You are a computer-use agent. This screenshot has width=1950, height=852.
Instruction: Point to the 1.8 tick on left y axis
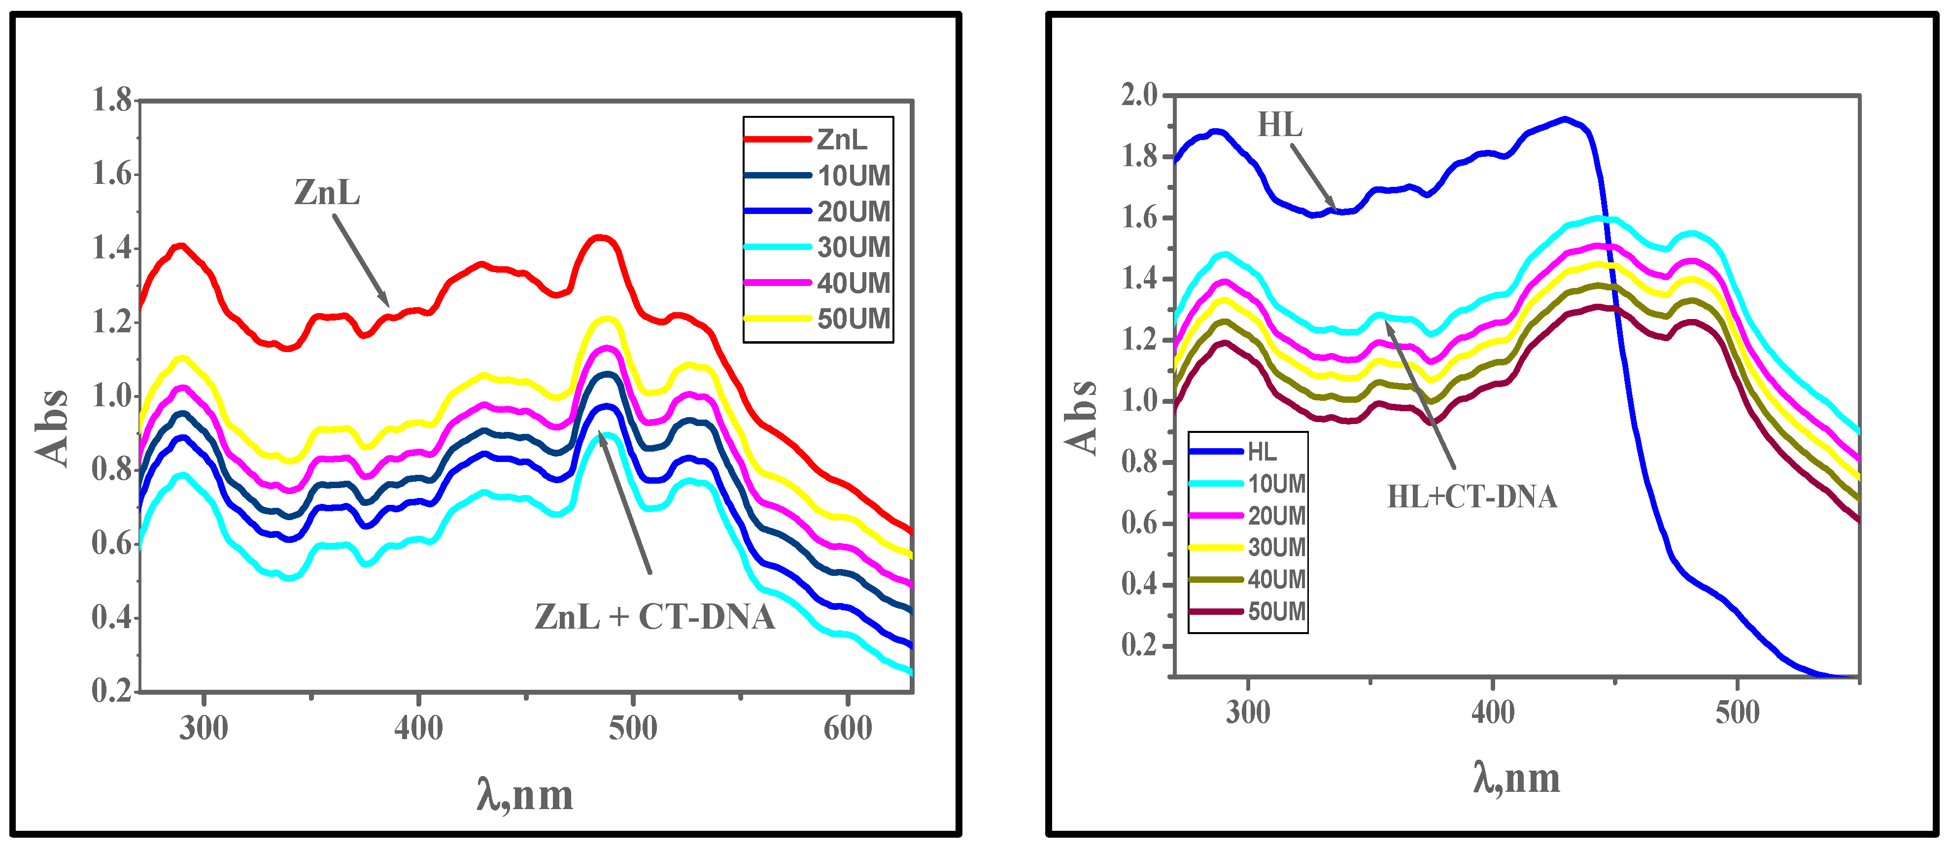(x=112, y=100)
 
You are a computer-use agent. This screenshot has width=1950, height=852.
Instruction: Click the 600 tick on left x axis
(x=847, y=729)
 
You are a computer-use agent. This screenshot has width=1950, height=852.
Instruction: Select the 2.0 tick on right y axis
(x=1139, y=96)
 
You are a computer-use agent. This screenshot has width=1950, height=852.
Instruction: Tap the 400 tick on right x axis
(x=1492, y=712)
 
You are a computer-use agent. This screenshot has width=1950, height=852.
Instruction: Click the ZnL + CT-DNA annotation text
(x=654, y=617)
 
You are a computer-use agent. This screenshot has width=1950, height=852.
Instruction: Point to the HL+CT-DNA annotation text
(x=1471, y=497)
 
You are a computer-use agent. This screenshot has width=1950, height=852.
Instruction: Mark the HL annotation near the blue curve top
(x=1279, y=125)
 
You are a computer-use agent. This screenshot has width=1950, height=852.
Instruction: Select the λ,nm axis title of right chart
(x=1516, y=779)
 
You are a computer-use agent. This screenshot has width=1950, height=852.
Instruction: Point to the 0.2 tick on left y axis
(x=112, y=691)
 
